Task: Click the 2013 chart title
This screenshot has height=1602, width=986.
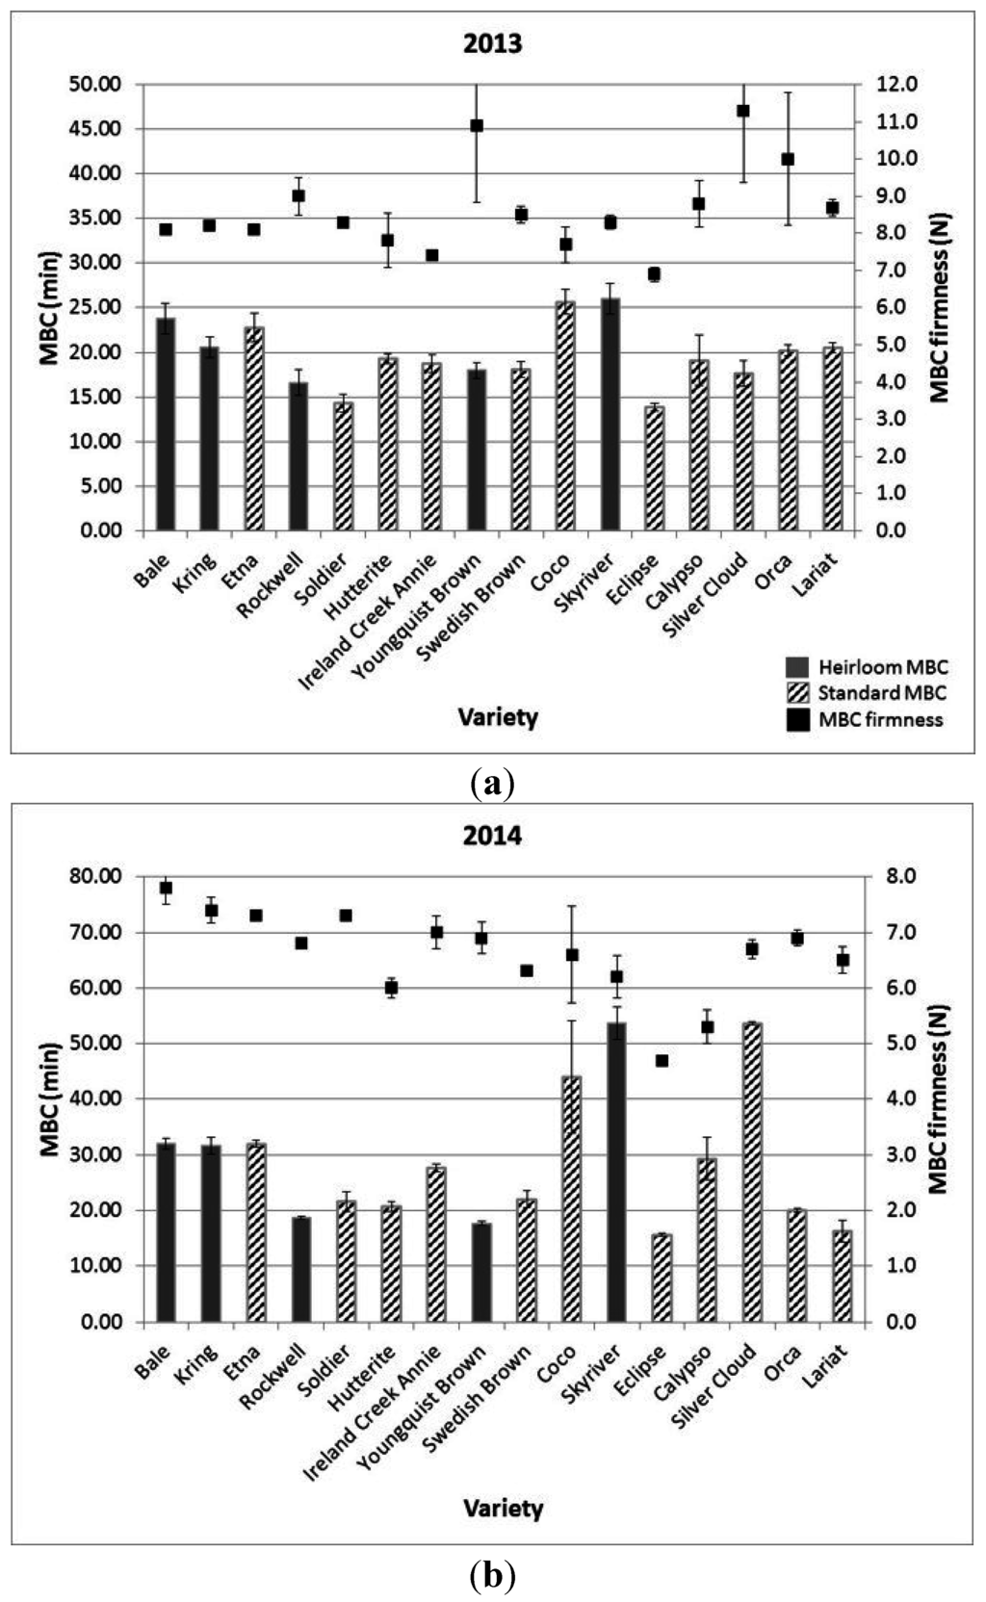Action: (492, 44)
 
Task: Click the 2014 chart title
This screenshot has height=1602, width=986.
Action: (492, 836)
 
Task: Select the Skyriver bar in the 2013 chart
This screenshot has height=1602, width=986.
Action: (610, 414)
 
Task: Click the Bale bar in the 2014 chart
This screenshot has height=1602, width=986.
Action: (166, 1231)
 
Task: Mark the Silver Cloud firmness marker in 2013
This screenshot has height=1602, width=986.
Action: (743, 111)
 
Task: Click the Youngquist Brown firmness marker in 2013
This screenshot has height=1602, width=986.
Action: (477, 126)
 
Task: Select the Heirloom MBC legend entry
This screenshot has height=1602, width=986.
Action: (867, 666)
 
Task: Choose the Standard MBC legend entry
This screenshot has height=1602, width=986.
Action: (867, 693)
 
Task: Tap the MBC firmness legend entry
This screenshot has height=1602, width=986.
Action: (867, 720)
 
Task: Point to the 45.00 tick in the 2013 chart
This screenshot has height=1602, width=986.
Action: (95, 129)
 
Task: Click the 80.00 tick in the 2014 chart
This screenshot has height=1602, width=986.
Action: (95, 876)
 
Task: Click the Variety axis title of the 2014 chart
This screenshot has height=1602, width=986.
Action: (503, 1508)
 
